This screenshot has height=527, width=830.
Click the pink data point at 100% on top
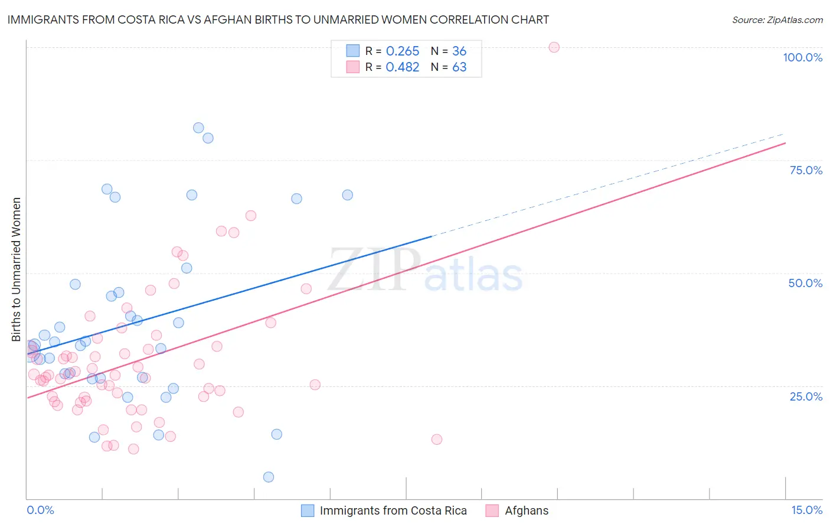(554, 47)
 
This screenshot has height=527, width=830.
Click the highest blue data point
(198, 128)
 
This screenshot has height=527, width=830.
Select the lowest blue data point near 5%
(269, 477)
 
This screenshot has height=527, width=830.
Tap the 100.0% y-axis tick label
(802, 57)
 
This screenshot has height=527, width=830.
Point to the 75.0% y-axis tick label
(806, 170)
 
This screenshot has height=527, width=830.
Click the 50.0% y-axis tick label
(805, 283)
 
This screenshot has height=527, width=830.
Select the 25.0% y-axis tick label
(806, 396)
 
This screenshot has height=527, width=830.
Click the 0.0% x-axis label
(40, 510)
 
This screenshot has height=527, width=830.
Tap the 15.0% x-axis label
(806, 510)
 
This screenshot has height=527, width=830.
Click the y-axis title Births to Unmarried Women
(17, 269)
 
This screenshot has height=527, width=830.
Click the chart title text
(278, 19)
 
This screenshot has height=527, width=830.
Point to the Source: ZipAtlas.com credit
(777, 19)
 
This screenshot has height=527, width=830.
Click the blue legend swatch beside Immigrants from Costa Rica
(308, 510)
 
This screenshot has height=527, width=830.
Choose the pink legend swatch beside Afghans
(492, 510)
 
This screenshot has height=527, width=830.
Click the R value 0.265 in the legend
(403, 51)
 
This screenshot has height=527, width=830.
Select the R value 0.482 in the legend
(403, 67)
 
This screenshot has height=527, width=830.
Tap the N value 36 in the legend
(459, 51)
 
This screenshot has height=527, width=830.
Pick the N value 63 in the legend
(459, 67)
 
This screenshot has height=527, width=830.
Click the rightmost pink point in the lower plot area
(437, 439)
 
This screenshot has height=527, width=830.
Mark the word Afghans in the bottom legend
(527, 510)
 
